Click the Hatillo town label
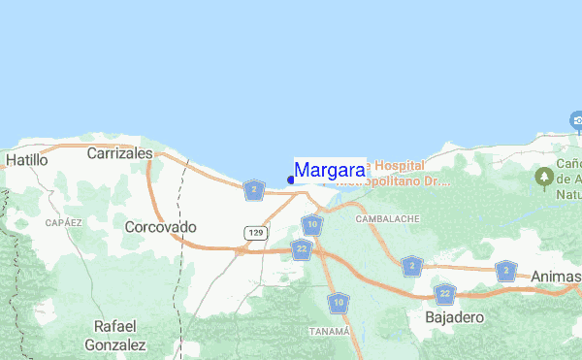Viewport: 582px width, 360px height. tap(26, 158)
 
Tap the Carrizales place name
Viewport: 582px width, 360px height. tap(120, 153)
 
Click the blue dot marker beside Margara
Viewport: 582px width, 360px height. tap(291, 180)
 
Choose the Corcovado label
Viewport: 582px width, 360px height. tap(161, 226)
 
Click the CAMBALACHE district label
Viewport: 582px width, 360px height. tap(388, 219)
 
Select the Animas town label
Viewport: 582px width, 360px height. tap(556, 277)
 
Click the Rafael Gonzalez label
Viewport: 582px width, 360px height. tap(114, 335)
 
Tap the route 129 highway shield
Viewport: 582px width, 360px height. tap(255, 233)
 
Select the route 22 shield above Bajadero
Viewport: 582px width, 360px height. tap(445, 292)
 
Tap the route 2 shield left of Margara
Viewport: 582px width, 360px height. tap(254, 189)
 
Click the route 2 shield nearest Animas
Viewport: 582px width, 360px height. tap(504, 270)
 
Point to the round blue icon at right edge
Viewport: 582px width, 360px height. tap(576, 120)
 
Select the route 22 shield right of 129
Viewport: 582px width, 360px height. tap(303, 249)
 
